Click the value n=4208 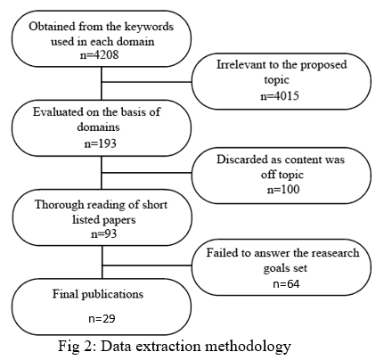(x=99, y=54)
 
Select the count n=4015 (x=280, y=96)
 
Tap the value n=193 (x=100, y=143)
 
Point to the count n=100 (x=283, y=189)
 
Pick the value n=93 (x=103, y=233)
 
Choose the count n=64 (x=286, y=284)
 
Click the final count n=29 (x=102, y=319)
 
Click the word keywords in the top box (x=149, y=27)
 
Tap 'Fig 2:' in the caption (x=77, y=346)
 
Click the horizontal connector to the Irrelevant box (x=146, y=82)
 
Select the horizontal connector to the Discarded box (x=146, y=173)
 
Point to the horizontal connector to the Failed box (x=147, y=266)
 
